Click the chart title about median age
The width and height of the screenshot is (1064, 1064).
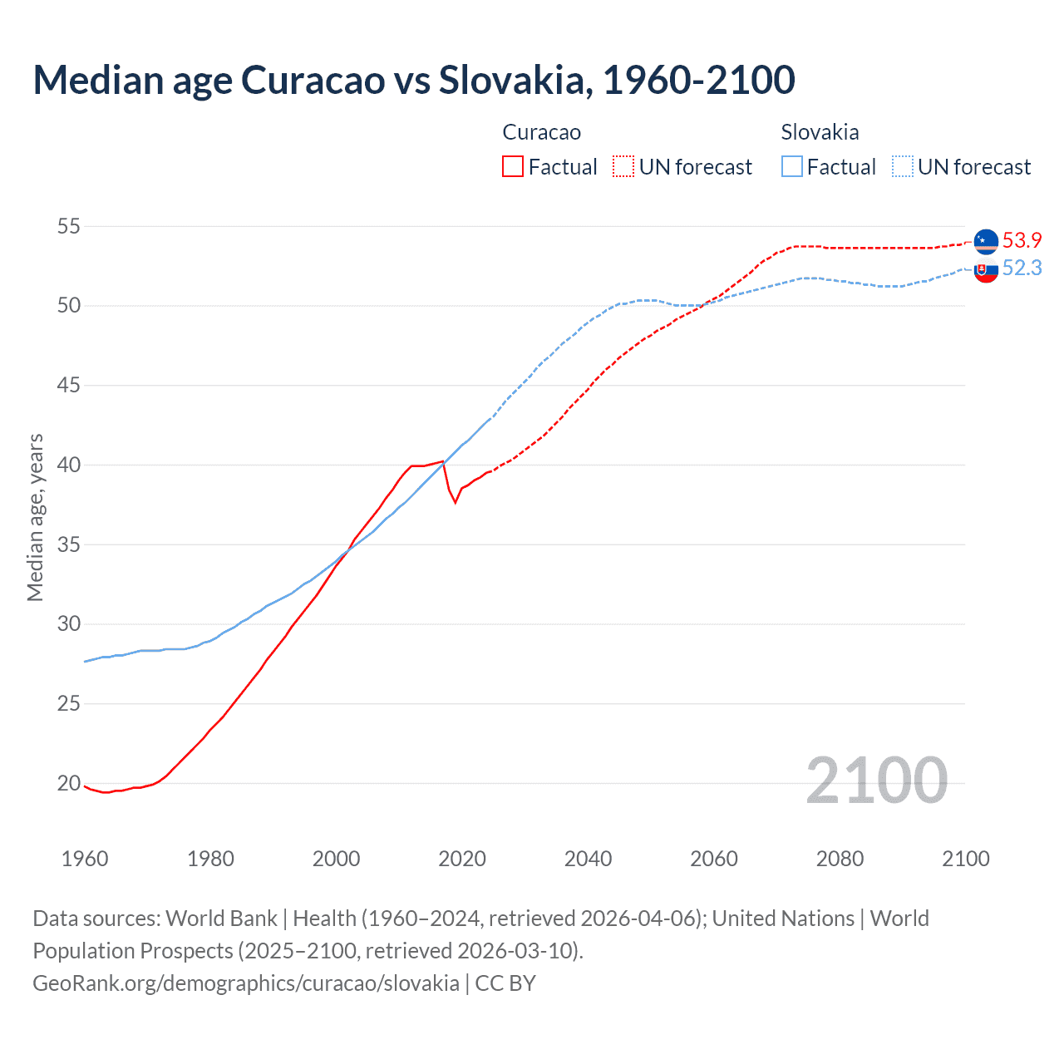(414, 80)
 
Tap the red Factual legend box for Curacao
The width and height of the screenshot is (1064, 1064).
(513, 166)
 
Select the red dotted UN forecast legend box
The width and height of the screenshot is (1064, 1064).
(623, 166)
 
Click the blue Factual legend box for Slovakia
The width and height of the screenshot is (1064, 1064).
(792, 166)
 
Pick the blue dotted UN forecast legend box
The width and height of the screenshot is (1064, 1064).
(902, 166)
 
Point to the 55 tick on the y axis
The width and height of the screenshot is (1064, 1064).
(69, 226)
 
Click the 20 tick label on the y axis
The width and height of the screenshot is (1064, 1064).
(69, 783)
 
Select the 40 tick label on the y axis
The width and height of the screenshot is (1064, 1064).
(69, 465)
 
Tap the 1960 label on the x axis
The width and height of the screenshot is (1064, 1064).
(85, 859)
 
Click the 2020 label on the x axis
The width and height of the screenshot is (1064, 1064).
(462, 859)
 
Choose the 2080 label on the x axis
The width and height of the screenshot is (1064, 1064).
(840, 859)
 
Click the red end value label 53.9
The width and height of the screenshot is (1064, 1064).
(1022, 240)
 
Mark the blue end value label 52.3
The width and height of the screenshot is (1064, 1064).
(1022, 268)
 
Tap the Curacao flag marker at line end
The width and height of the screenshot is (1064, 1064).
(986, 240)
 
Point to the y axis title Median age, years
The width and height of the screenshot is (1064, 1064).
(35, 517)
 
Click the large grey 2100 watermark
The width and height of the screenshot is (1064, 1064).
(877, 780)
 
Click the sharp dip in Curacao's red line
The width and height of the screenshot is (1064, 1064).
(455, 501)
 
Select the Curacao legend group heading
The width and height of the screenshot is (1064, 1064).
(542, 132)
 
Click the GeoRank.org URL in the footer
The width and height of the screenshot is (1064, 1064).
(246, 983)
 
